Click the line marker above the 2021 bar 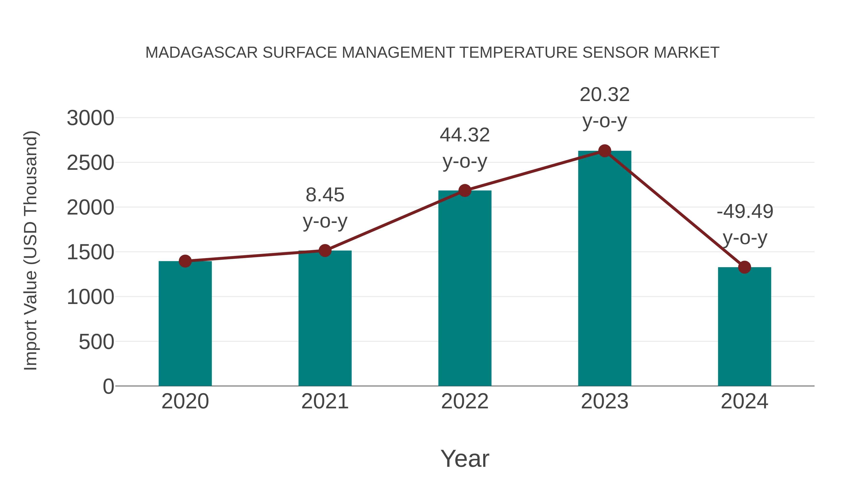[x=325, y=250]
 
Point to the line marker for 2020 [x=185, y=261]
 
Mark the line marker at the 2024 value [x=744, y=267]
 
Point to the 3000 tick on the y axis [x=90, y=118]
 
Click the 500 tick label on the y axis [x=96, y=342]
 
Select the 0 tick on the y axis [x=108, y=386]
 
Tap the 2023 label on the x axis [x=605, y=401]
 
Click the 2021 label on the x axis [x=325, y=401]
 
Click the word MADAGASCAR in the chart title [x=202, y=53]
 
